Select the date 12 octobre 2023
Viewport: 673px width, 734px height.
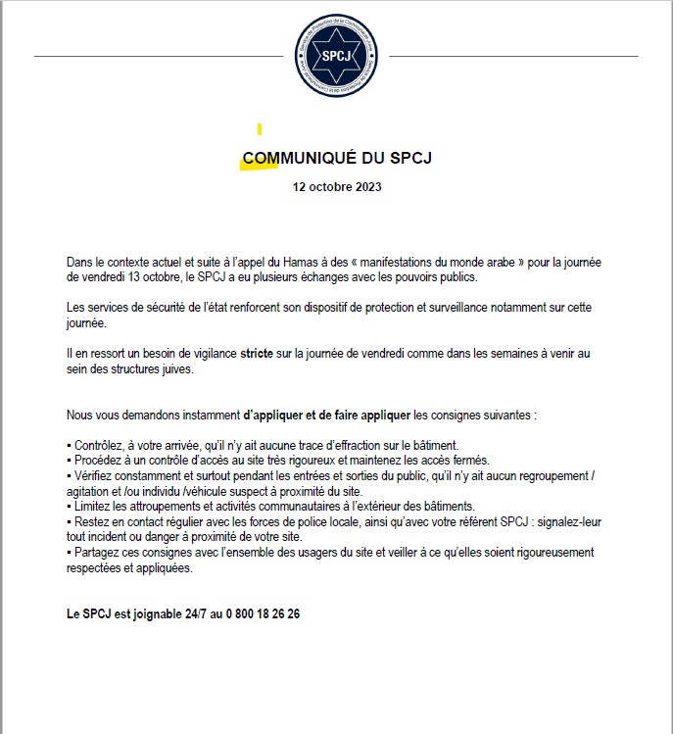click(337, 186)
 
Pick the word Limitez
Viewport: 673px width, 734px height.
click(92, 506)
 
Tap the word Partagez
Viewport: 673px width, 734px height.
click(97, 552)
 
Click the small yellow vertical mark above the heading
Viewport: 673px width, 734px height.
click(260, 129)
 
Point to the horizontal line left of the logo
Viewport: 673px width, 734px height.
click(157, 57)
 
